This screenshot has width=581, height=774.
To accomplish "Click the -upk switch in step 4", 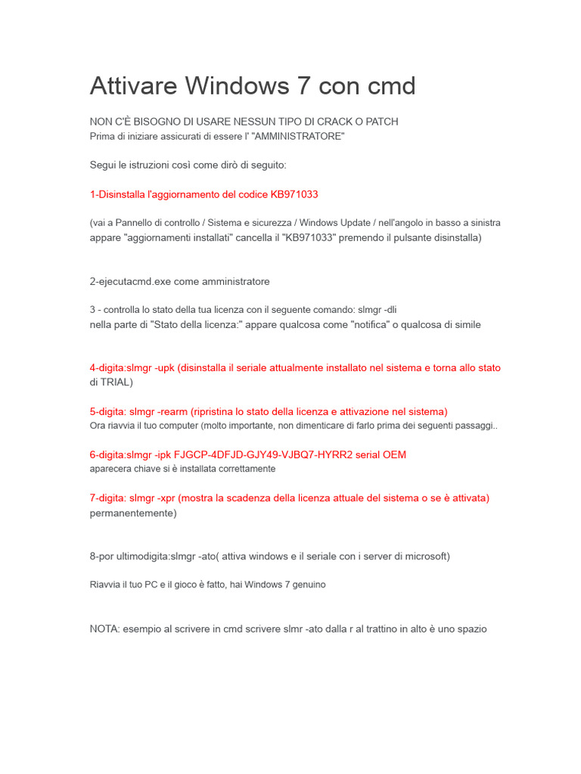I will point(164,368).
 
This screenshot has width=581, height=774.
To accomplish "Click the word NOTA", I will point(104,628).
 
